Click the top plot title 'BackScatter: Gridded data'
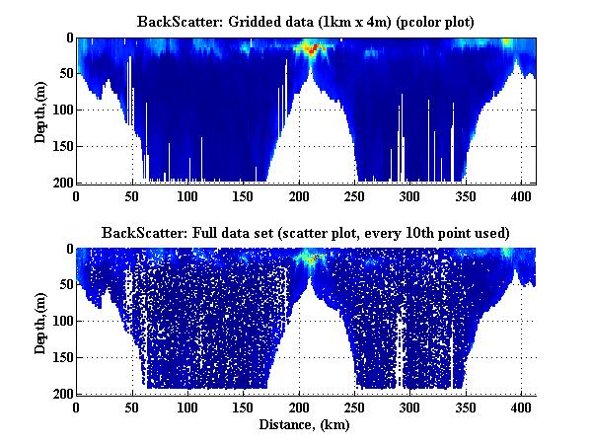pyautogui.click(x=306, y=21)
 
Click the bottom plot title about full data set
pyautogui.click(x=306, y=233)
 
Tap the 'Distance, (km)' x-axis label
pyautogui.click(x=306, y=425)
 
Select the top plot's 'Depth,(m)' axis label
pyautogui.click(x=40, y=110)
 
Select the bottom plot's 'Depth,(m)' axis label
pyautogui.click(x=40, y=321)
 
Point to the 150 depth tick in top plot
pyautogui.click(x=61, y=146)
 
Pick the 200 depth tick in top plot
pyautogui.click(x=61, y=183)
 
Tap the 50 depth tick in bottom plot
pyautogui.click(x=64, y=285)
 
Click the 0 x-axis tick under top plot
pyautogui.click(x=76, y=195)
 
